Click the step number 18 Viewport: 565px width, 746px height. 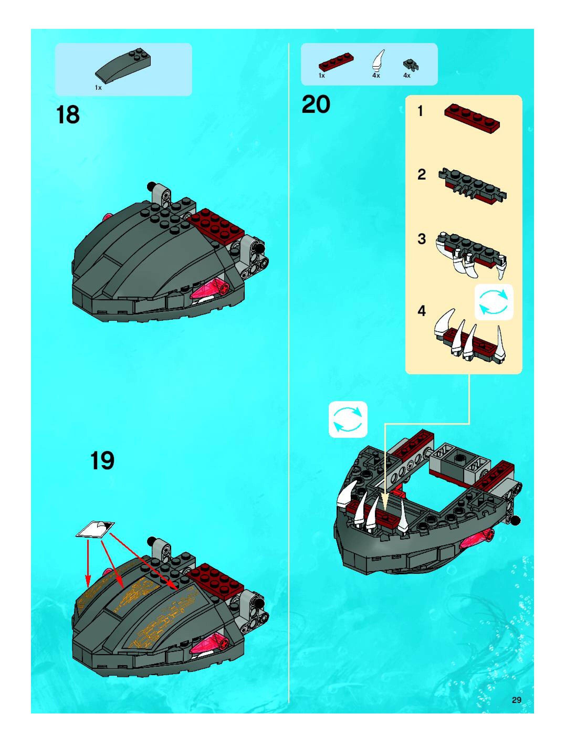tap(69, 115)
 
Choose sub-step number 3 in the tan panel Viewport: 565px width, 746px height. tap(422, 239)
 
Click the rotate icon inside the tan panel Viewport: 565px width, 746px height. tap(494, 302)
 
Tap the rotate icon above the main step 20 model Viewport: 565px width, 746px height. tap(348, 419)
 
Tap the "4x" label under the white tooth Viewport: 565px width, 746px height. tap(376, 76)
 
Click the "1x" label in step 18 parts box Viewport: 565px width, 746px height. tap(98, 88)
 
